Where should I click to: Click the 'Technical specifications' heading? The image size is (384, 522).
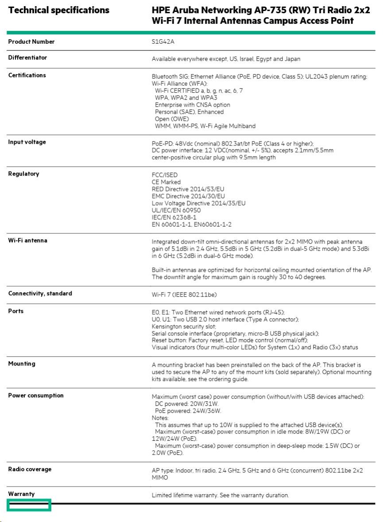(58, 10)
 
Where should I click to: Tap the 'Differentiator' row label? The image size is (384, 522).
(27, 57)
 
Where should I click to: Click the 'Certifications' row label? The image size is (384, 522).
(27, 75)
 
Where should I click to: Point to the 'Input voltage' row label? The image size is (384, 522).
(27, 142)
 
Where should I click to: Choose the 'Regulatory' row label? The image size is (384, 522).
(23, 174)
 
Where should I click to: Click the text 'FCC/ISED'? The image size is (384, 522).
(165, 175)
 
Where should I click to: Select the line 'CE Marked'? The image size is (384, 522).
(166, 182)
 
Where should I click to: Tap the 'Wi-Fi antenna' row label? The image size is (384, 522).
(27, 240)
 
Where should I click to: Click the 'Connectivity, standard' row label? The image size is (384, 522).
(40, 293)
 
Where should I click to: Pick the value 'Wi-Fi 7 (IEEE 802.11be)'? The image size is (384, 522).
(184, 294)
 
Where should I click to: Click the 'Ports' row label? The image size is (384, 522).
(16, 311)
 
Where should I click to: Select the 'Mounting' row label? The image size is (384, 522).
(22, 364)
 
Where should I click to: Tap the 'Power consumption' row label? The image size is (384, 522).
(36, 395)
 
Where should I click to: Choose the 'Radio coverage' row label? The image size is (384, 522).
(30, 469)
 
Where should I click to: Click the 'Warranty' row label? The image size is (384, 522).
(21, 494)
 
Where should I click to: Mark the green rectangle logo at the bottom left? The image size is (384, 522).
(29, 505)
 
